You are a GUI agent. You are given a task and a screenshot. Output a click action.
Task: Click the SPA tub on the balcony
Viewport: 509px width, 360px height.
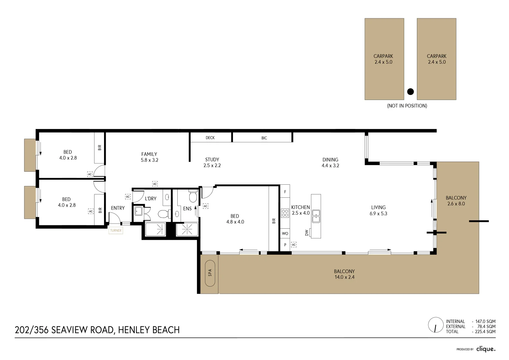point(210,273)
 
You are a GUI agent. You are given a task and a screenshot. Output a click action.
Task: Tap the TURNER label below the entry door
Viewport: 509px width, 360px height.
point(116,230)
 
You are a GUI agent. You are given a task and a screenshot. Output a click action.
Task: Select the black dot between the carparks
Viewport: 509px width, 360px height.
point(410,92)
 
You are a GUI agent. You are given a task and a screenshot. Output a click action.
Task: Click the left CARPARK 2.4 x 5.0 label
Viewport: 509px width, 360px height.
point(383,59)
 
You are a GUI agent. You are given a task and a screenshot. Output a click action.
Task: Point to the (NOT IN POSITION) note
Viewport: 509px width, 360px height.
point(407,106)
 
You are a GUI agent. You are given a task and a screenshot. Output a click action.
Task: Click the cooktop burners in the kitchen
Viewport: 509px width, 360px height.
point(285,213)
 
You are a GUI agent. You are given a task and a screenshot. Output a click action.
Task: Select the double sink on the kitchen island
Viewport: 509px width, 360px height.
point(316,216)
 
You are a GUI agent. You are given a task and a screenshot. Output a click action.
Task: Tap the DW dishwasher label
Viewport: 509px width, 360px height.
point(307,233)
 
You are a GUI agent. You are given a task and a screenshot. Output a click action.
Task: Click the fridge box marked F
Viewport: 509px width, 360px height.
point(285,192)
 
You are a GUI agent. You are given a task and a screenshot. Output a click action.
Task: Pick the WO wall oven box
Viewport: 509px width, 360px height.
point(285,233)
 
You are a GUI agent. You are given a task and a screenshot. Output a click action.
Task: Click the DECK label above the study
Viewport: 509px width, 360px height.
point(210,138)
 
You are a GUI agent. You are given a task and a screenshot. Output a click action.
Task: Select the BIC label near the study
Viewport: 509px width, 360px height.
point(264,138)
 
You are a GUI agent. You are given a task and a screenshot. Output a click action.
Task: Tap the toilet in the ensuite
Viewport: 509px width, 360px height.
point(193,196)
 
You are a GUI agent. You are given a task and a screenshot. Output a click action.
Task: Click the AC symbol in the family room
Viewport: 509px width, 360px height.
point(155,184)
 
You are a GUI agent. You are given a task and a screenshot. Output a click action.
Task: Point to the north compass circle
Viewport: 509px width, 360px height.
point(435,325)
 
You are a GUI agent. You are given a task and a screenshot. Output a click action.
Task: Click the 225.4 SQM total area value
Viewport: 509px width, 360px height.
point(485,332)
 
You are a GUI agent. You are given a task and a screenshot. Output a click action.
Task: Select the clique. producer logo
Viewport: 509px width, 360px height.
point(486,349)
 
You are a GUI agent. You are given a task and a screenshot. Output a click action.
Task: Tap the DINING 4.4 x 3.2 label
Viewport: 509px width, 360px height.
point(330,163)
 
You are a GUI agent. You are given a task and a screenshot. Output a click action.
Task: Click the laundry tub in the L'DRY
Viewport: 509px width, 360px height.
point(138,211)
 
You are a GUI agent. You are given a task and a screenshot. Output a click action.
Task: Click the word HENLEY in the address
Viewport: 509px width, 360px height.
point(133,330)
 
